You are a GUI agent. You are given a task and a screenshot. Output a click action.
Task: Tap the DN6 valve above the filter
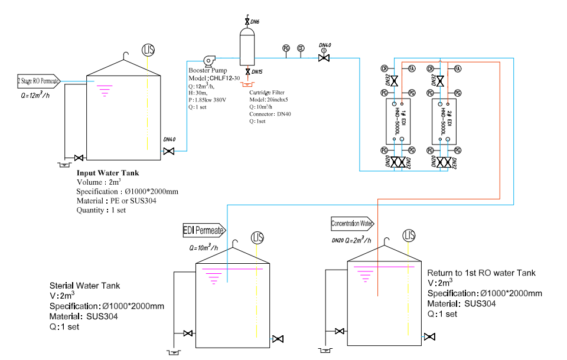247,22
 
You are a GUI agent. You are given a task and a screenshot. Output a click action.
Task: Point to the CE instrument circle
301,48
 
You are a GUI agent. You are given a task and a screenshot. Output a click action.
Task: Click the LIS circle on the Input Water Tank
148,49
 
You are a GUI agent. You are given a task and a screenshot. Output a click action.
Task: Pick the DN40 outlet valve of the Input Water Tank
169,152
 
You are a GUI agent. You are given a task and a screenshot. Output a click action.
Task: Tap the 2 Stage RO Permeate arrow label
41,81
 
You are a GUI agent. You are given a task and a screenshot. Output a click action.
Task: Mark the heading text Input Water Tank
107,173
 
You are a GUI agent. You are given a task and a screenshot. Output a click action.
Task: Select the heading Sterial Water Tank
84,286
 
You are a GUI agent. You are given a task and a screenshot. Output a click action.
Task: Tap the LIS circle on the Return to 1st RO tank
409,236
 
